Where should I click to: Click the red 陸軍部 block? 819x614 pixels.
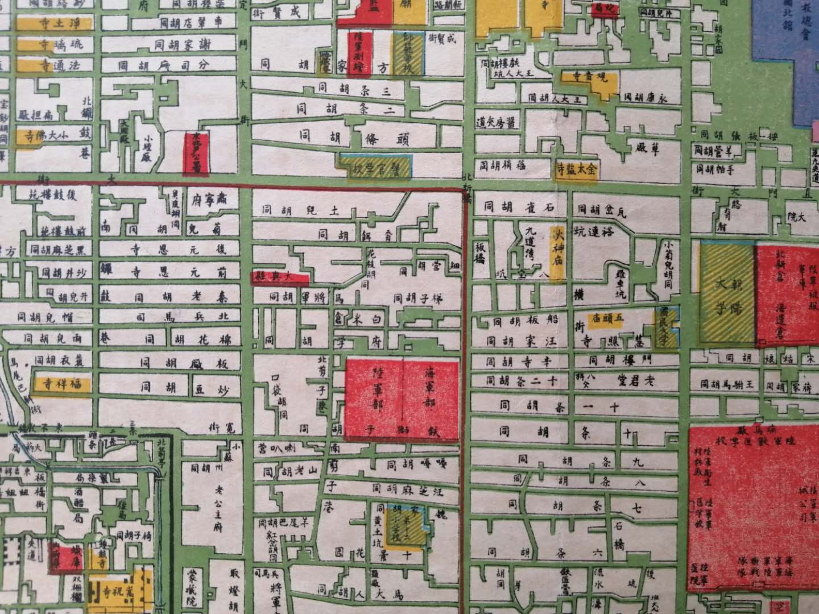(375, 398)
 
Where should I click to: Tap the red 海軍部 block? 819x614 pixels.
(431, 398)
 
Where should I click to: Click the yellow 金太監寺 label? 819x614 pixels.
(576, 169)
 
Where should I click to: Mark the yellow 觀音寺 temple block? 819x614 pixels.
(589, 80)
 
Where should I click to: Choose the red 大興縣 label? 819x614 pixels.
(280, 277)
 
